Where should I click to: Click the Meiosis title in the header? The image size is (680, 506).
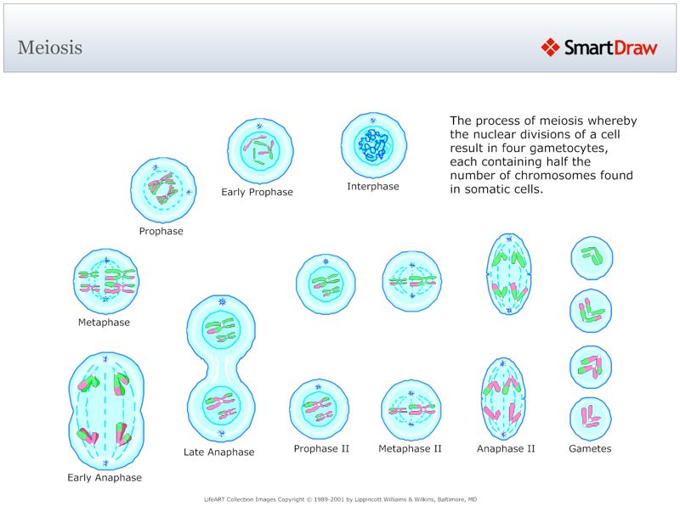[50, 48]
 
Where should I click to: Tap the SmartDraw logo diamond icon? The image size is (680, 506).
[550, 48]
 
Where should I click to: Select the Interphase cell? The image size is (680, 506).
[373, 145]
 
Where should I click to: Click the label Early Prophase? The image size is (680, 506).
[257, 192]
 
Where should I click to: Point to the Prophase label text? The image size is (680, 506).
[161, 231]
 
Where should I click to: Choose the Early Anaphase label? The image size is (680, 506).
[105, 477]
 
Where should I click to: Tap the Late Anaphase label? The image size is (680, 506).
[218, 452]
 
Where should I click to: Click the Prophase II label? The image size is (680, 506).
[321, 448]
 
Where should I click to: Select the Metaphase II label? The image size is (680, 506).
[410, 448]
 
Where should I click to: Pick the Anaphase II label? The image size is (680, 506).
[506, 448]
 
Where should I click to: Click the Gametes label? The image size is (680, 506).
[590, 448]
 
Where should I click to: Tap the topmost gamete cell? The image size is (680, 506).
[591, 257]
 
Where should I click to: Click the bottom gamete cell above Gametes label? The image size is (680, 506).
[591, 418]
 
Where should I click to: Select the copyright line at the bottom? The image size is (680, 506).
[340, 499]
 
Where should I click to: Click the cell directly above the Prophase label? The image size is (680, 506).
[163, 190]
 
